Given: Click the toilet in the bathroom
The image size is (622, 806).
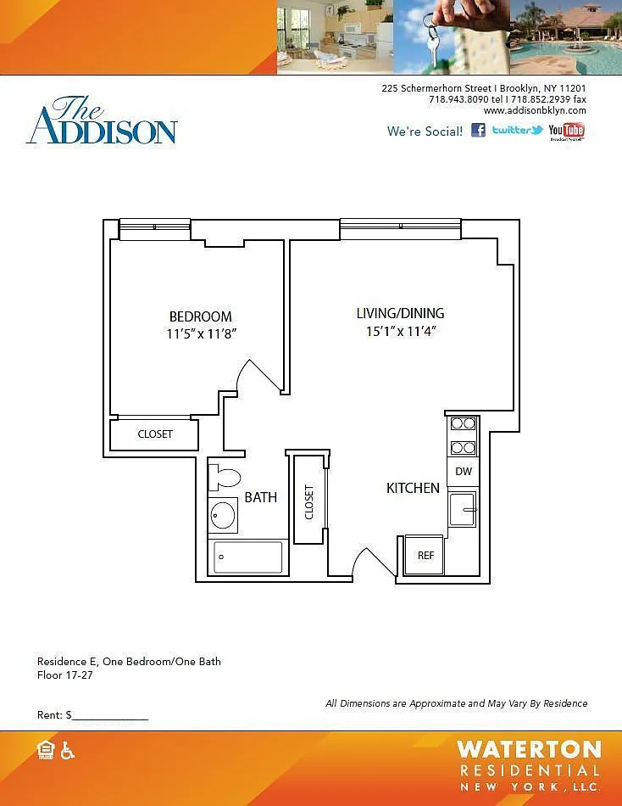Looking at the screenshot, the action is [225, 478].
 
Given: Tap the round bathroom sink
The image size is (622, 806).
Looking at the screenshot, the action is [224, 515].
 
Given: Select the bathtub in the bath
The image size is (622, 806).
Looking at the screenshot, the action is [247, 557].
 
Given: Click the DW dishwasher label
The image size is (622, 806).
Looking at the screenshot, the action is [464, 472].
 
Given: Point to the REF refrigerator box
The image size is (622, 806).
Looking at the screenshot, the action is [425, 555].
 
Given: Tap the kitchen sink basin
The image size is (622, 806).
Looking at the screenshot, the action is [462, 509].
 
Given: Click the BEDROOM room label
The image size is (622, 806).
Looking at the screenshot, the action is [200, 316].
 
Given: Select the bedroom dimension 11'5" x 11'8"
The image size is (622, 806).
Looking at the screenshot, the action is [202, 333].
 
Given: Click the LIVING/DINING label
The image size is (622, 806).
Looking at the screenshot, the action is [401, 313].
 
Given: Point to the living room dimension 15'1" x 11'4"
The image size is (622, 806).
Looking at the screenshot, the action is [401, 331].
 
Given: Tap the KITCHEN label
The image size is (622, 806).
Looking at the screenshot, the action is [413, 488].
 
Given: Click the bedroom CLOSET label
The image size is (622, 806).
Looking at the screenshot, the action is [155, 434].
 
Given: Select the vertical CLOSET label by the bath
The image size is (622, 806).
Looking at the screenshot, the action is [308, 501].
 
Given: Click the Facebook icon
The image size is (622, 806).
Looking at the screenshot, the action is [478, 130].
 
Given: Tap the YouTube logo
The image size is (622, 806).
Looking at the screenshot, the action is [566, 131].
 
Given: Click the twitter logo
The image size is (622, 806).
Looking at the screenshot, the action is [517, 130].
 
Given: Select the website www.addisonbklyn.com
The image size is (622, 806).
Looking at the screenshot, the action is [535, 110].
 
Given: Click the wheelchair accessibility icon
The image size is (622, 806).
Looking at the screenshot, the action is [67, 751].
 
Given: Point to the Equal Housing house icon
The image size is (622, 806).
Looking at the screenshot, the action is [46, 751].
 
